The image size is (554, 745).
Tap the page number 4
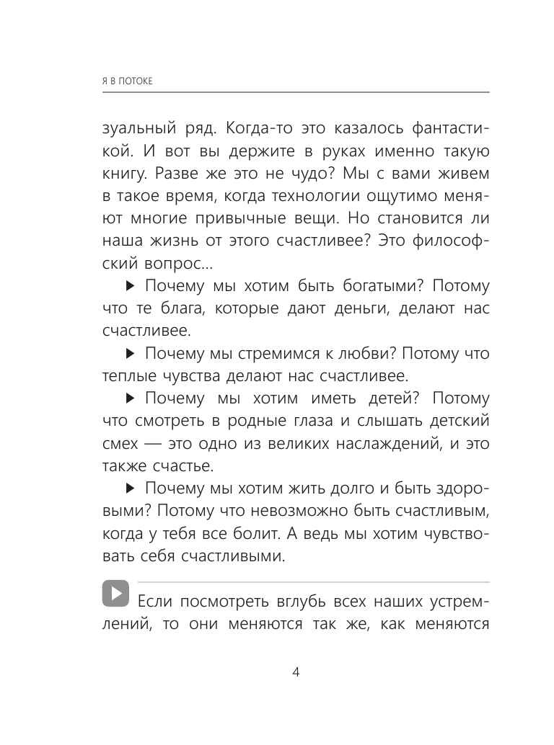296,673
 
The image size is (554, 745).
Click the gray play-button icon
115,594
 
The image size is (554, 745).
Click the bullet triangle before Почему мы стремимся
130,354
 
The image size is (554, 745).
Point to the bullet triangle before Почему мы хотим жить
130,489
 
